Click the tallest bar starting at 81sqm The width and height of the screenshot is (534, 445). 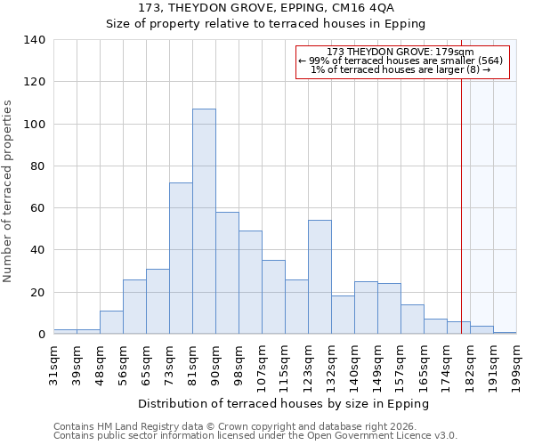(204, 222)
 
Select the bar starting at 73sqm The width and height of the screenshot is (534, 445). (181, 258)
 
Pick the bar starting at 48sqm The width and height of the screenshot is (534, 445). (111, 322)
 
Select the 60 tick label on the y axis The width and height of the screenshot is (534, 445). (37, 208)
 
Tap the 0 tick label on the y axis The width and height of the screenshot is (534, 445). (41, 335)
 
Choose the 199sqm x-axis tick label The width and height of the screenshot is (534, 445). (517, 365)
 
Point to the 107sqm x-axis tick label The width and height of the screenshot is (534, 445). (263, 365)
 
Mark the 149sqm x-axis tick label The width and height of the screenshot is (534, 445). (378, 365)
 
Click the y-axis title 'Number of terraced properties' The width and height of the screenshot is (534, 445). (9, 191)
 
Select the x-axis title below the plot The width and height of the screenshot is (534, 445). (284, 403)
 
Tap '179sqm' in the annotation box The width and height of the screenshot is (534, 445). (455, 52)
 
